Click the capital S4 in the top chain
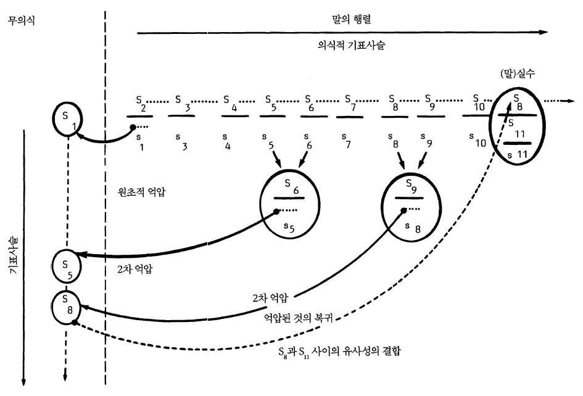(228, 102)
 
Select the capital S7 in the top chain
(350, 102)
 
